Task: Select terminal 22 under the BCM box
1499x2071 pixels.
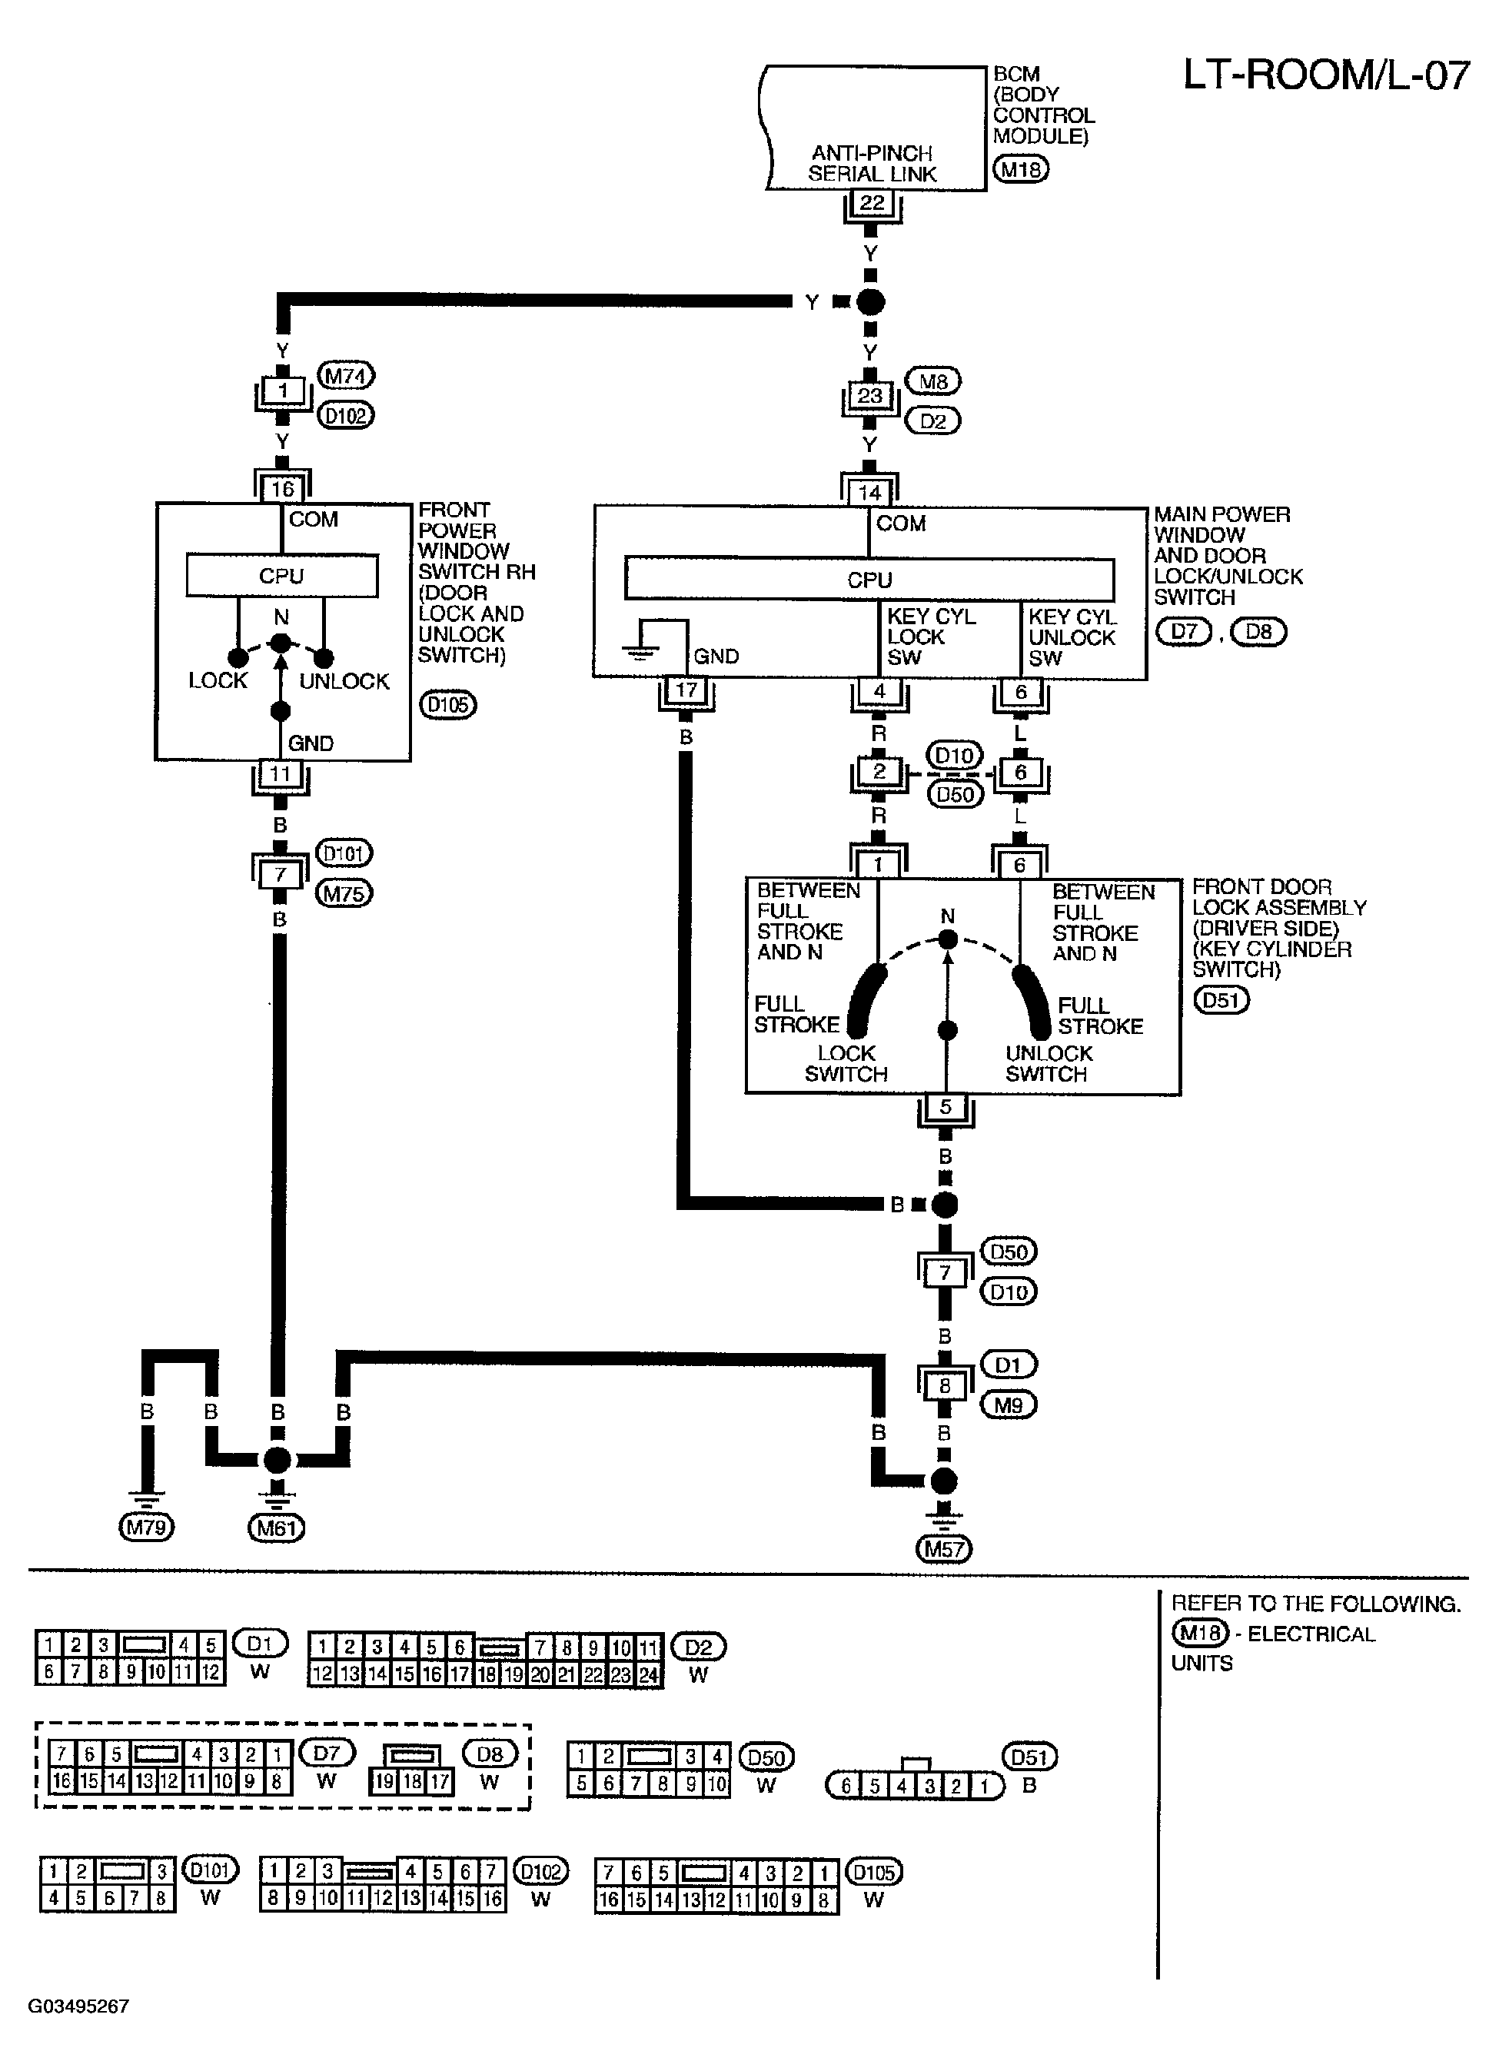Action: [x=872, y=203]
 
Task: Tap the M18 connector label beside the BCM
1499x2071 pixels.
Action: [x=1021, y=169]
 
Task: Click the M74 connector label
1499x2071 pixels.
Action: [x=346, y=375]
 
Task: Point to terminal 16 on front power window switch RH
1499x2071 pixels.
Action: [x=282, y=488]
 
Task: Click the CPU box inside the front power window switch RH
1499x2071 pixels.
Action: [x=281, y=575]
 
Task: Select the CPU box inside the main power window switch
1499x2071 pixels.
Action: [x=869, y=580]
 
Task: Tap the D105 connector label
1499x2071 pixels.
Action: [x=447, y=705]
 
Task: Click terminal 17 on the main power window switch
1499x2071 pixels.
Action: [x=686, y=690]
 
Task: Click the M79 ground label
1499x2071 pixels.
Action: [x=146, y=1527]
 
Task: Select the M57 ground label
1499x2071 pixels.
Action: [x=945, y=1549]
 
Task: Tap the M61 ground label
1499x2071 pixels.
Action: [x=276, y=1527]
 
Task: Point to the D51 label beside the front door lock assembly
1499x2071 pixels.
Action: [x=1221, y=1000]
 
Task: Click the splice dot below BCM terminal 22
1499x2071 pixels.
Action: [x=871, y=301]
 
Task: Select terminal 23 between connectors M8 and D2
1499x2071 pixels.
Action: [x=870, y=395]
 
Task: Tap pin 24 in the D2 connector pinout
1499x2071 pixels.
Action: [x=648, y=1674]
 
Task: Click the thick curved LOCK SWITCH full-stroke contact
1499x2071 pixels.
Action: [x=866, y=998]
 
